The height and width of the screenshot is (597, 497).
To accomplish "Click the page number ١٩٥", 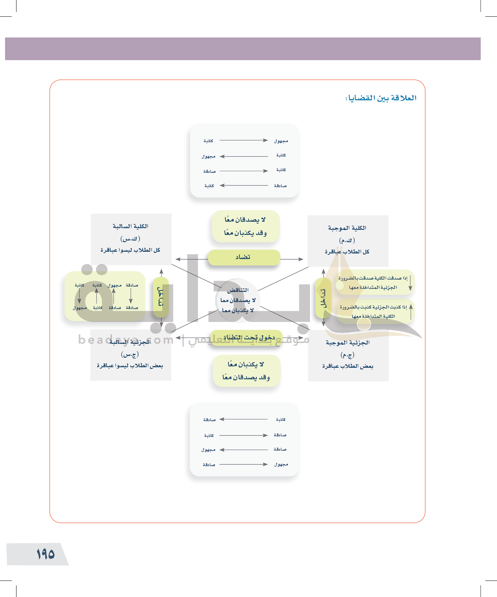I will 45,554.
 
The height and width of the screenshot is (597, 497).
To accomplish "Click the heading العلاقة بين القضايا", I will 381,98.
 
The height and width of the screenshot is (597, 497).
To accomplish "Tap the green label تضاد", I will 243,257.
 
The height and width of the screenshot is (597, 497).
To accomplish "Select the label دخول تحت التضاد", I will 249,337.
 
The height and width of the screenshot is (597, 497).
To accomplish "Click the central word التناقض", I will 238,290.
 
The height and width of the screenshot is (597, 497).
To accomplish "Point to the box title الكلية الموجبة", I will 347,228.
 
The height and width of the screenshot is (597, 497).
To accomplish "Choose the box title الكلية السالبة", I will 131,226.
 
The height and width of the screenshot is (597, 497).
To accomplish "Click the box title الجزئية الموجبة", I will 348,342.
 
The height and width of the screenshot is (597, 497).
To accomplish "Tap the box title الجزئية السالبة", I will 130,342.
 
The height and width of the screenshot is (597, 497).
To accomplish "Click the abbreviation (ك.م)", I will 347,240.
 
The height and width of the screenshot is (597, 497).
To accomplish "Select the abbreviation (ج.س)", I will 130,354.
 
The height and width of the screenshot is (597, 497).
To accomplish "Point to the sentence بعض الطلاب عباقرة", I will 348,366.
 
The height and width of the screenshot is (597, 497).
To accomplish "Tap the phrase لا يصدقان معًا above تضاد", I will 245,219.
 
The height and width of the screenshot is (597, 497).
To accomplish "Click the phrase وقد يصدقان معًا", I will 246,377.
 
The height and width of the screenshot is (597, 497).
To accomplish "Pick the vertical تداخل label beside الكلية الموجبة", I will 323,298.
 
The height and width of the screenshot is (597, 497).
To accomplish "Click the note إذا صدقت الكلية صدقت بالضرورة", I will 373,278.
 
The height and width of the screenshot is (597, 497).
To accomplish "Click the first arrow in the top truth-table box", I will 243,140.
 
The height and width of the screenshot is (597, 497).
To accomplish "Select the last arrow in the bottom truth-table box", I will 243,464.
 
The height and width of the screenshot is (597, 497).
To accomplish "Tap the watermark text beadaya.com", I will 126,340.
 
